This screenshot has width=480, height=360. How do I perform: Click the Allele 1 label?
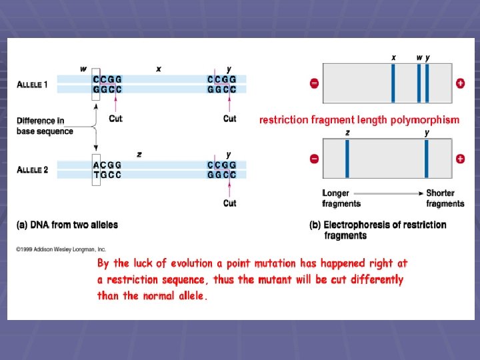pos(32,85)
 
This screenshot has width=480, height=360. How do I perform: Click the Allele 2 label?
pos(32,170)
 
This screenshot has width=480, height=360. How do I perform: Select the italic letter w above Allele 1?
pos(83,69)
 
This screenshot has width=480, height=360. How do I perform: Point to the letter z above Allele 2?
pos(139,154)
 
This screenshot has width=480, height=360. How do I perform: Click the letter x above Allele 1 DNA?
pos(159,69)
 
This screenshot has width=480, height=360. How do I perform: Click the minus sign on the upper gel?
pos(314,83)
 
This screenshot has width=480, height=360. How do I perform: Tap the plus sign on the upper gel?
pos(460,83)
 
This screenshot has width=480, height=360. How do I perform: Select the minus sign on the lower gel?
pos(314,159)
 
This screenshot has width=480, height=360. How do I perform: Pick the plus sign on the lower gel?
pos(460,159)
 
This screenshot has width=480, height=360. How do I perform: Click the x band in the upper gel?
pos(393,83)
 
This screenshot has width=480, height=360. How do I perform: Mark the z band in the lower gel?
pos(347,159)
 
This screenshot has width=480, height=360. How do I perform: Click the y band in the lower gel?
pos(427,159)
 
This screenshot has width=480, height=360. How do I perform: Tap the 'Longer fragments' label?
pos(341,198)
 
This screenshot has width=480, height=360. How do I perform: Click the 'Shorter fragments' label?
pos(445,198)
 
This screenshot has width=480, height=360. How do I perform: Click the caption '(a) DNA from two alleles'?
pos(67,225)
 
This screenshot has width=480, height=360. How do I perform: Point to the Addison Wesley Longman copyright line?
pos(61,249)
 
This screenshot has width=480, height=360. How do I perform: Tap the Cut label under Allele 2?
pos(229,203)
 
